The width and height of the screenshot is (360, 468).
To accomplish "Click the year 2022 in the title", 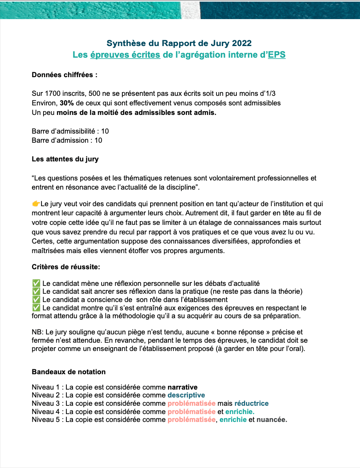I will (242, 43).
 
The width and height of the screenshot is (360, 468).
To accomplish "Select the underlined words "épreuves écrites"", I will (125, 55).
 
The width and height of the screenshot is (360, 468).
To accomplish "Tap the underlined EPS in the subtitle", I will (277, 55).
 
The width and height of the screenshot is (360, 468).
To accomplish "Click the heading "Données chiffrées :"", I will (65, 76).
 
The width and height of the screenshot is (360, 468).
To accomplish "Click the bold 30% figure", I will (67, 103).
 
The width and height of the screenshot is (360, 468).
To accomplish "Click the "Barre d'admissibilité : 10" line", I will (70, 131).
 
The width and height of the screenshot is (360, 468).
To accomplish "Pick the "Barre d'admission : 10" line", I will (67, 140).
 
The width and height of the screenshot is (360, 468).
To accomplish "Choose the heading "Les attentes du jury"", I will (65, 159).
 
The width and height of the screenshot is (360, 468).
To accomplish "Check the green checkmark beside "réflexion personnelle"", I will (36, 283).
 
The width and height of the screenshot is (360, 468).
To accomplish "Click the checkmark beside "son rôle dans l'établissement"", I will (36, 300).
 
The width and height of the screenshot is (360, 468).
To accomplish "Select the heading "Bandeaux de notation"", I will (68, 372).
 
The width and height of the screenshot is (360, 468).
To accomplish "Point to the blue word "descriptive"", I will (186, 395).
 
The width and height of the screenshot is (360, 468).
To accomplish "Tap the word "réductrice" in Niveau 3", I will (251, 403).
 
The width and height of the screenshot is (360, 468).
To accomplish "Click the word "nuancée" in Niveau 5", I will (272, 419).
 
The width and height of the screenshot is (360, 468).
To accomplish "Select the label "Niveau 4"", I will (44, 412).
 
